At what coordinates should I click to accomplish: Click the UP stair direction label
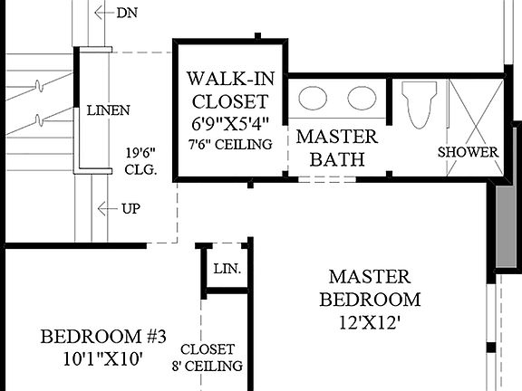[130, 209]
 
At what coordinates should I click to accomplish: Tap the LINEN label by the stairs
[109, 110]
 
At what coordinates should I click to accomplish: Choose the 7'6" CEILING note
[230, 144]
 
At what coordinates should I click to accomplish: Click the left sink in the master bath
[314, 98]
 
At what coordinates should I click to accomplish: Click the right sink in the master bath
[361, 98]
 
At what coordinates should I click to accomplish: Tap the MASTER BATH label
[337, 148]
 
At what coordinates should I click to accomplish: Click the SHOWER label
[469, 152]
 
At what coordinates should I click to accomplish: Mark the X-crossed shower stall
[475, 113]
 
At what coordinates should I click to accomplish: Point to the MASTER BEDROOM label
[369, 287]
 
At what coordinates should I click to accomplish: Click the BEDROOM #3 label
[103, 337]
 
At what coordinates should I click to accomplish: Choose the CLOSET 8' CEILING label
[208, 358]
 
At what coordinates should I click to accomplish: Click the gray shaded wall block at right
[504, 222]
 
